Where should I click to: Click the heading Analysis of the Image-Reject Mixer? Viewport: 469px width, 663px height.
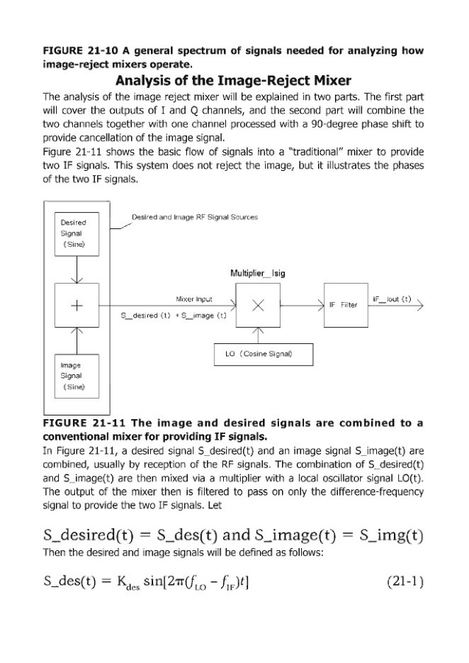(234, 81)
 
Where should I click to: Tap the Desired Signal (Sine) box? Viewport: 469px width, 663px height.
(77, 232)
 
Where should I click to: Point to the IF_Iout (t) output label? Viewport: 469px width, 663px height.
(392, 299)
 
